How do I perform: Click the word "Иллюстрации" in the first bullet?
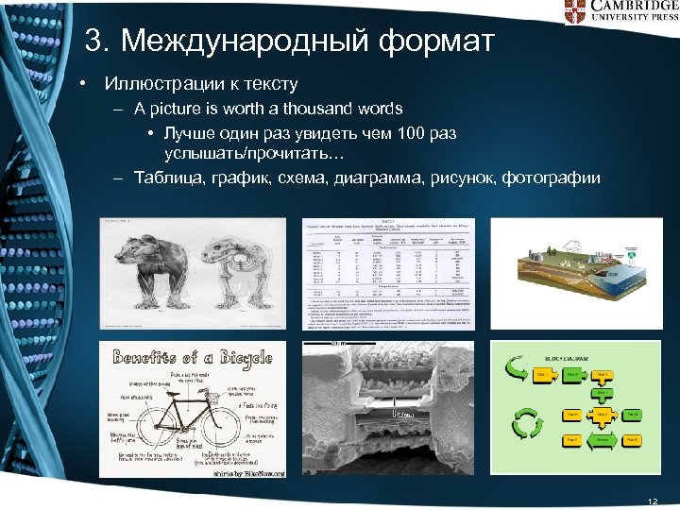click(x=157, y=84)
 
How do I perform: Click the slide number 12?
click(x=651, y=500)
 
